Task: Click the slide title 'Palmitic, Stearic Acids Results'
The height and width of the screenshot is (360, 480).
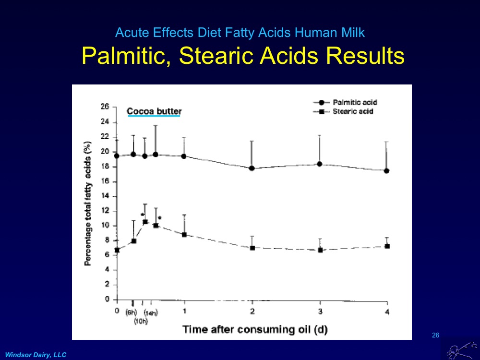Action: (x=243, y=56)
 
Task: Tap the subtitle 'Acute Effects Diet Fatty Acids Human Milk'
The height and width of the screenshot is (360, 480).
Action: (x=240, y=33)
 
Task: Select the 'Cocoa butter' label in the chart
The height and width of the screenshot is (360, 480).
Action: (x=154, y=111)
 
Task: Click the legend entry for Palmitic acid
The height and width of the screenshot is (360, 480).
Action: (x=355, y=102)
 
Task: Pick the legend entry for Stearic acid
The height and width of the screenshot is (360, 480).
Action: (x=353, y=111)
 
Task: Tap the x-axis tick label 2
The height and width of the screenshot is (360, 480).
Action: (x=252, y=311)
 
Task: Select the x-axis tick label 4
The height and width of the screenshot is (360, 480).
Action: (x=387, y=312)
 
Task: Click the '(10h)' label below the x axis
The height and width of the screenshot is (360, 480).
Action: (x=141, y=321)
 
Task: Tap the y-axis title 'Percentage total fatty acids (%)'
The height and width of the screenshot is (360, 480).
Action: (x=88, y=204)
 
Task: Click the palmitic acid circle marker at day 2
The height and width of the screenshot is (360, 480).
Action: (x=252, y=168)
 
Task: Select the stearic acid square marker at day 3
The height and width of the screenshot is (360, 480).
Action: (x=320, y=250)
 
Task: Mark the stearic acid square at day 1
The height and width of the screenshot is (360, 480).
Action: (x=184, y=235)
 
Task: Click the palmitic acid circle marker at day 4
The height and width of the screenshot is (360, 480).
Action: (x=386, y=170)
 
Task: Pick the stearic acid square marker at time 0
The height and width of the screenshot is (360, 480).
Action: (x=117, y=250)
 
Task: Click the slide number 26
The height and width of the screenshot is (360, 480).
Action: (x=435, y=335)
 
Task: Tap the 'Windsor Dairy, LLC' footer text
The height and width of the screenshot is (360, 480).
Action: (x=36, y=354)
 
